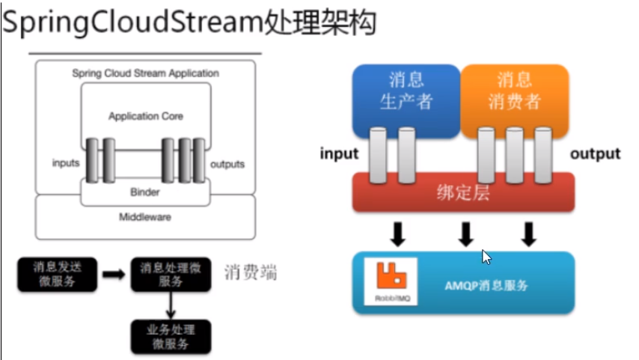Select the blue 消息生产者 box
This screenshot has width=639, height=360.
[x=406, y=91]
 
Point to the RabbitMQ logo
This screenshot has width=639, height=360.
[x=388, y=281]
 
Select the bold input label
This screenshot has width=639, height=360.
[x=340, y=154]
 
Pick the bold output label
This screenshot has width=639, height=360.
[x=595, y=154]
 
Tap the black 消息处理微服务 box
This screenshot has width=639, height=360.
[x=171, y=274]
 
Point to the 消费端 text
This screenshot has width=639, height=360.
[x=250, y=272]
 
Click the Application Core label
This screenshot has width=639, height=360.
[x=146, y=117]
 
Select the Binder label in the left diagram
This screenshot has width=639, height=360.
[x=145, y=192]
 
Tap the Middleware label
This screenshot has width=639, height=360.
[x=145, y=217]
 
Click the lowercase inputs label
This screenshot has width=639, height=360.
[x=66, y=163]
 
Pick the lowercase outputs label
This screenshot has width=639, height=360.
[x=227, y=164]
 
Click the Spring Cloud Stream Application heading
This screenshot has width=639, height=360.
[x=145, y=73]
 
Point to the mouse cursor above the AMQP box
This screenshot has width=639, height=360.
[x=487, y=257]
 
